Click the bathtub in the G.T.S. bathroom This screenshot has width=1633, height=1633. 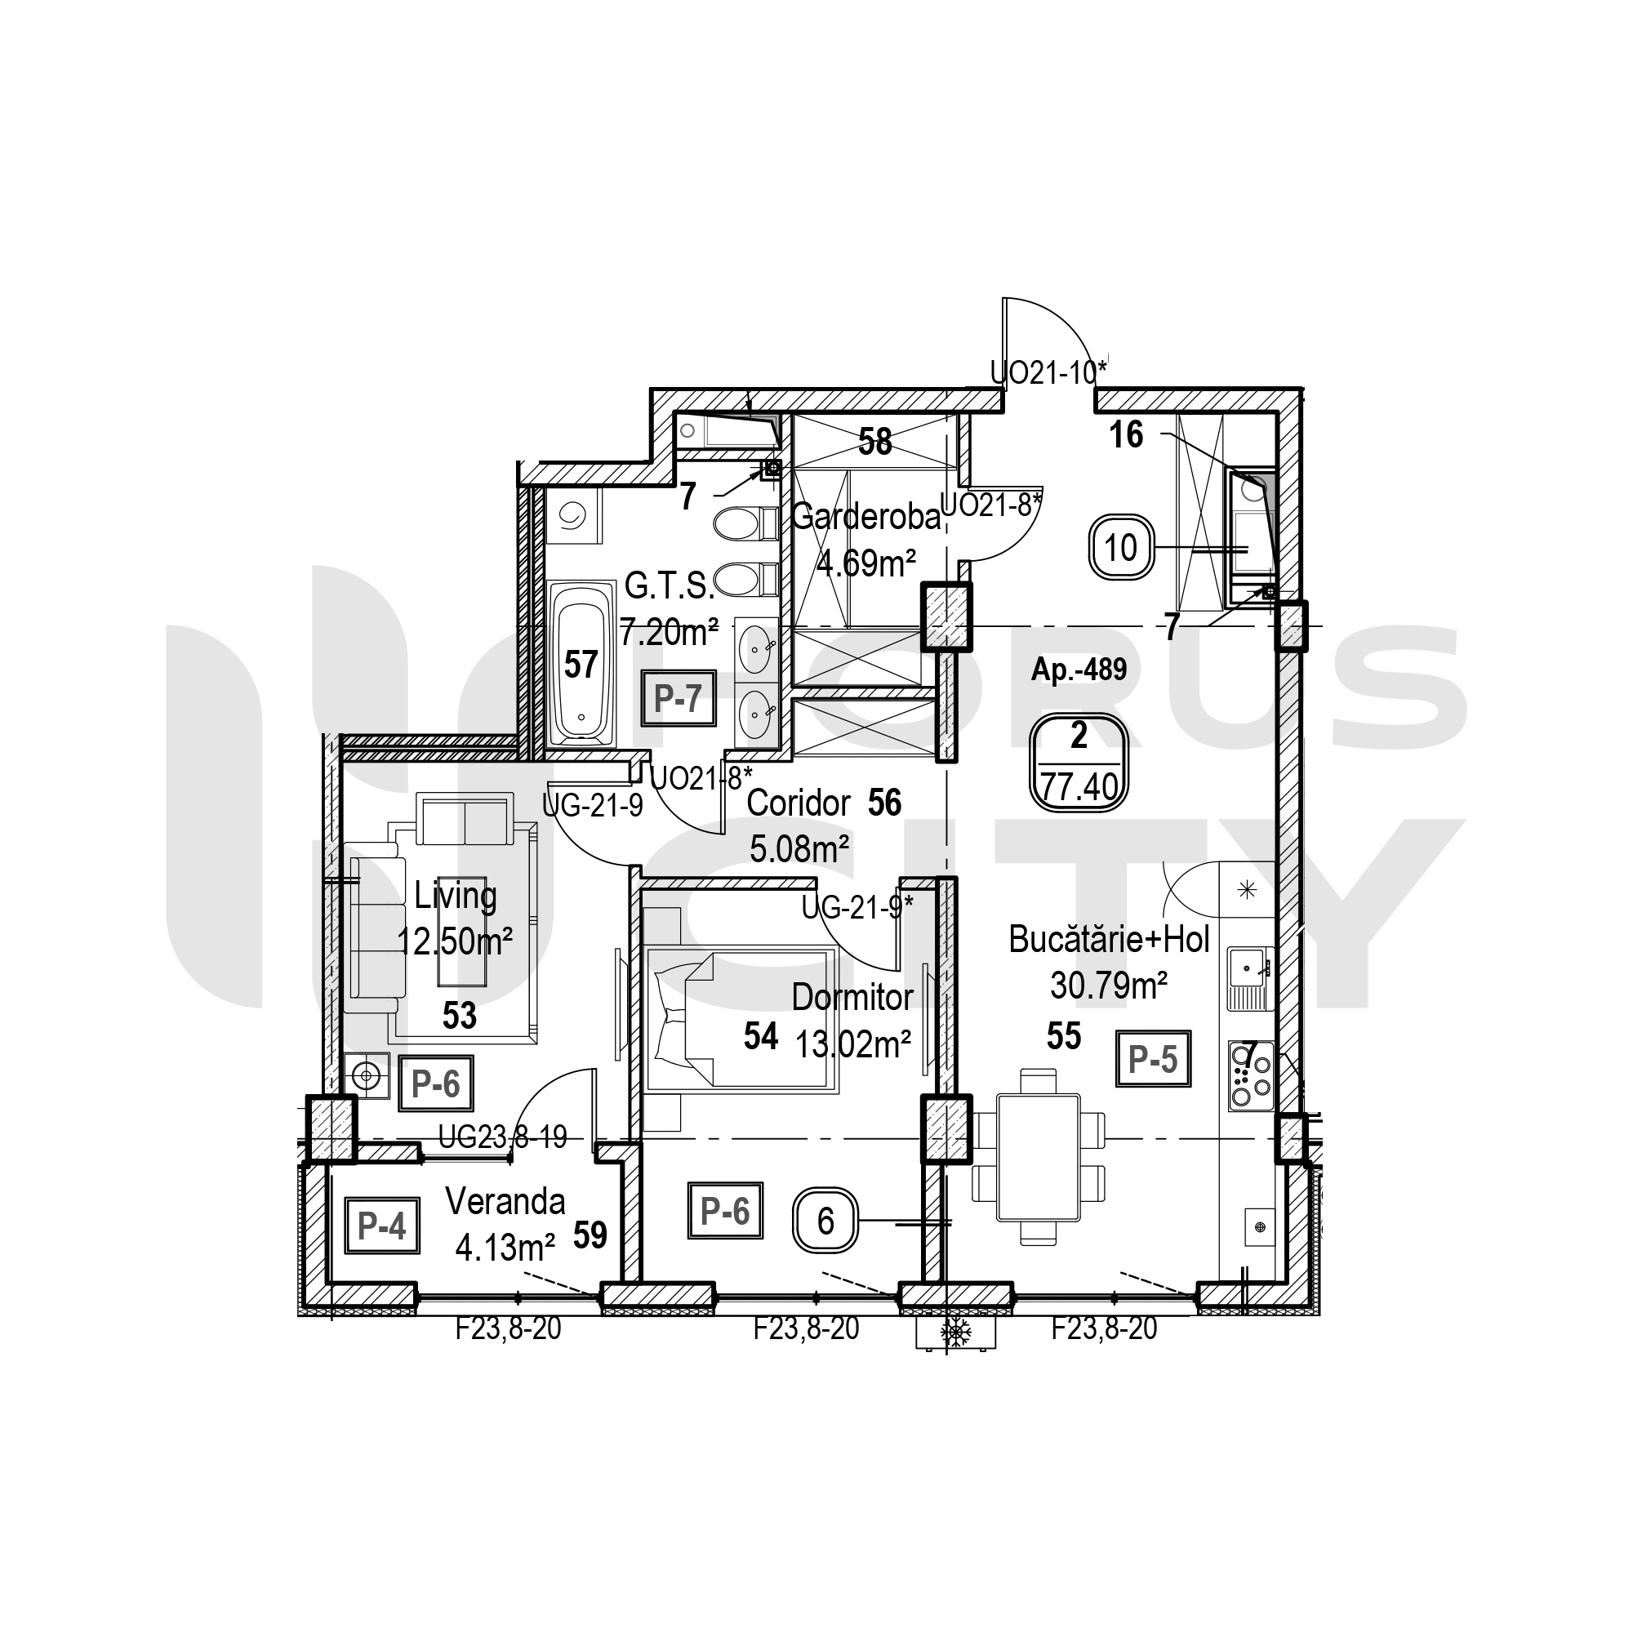[x=581, y=664]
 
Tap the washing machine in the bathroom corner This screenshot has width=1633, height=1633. [x=573, y=517]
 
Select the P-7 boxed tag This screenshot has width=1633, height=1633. [x=678, y=698]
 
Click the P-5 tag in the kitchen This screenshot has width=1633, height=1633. [x=1153, y=1058]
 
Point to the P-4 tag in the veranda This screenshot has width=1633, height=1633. [x=382, y=1226]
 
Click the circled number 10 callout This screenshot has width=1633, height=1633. [x=1121, y=548]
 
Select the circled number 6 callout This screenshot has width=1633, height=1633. [x=825, y=1221]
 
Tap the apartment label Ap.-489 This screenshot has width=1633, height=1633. [x=1079, y=670]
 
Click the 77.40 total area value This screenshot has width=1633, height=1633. [x=1079, y=788]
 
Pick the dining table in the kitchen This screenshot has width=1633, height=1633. [x=1038, y=1157]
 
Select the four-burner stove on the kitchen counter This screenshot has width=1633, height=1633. [x=1251, y=1075]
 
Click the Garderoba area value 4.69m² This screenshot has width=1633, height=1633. [x=865, y=563]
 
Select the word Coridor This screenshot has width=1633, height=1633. [x=798, y=803]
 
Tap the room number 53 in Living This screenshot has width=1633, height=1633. [x=460, y=1016]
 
